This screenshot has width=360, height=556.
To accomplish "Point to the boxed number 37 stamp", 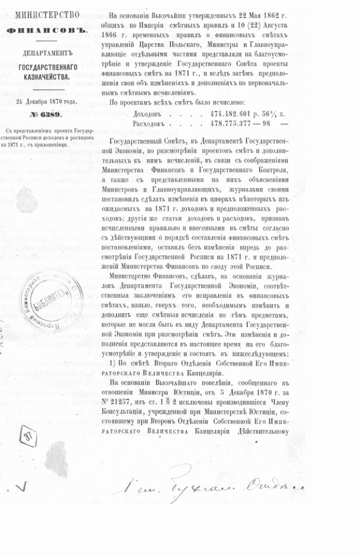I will pyautogui.click(x=27, y=437).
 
